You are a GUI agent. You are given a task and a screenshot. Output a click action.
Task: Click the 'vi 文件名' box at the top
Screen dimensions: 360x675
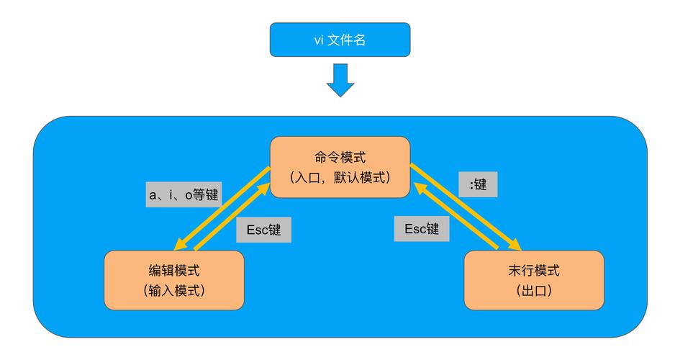(340, 40)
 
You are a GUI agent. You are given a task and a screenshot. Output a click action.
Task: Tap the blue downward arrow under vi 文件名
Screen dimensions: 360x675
(340, 80)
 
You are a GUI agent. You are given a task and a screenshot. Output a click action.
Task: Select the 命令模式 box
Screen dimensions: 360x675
(340, 166)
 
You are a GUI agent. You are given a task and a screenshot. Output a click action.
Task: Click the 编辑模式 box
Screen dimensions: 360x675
(174, 280)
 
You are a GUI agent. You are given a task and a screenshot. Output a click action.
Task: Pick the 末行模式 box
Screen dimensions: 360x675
(533, 280)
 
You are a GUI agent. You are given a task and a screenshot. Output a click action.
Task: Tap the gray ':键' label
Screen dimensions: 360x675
(479, 184)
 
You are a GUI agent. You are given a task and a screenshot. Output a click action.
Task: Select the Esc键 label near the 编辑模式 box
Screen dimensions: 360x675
(263, 230)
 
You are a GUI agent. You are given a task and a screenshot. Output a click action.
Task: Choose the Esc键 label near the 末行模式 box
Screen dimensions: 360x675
(421, 229)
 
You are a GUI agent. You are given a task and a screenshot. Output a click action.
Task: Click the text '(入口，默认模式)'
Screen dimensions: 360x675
(340, 176)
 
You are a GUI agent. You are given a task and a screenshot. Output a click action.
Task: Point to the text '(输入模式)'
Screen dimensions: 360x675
(174, 291)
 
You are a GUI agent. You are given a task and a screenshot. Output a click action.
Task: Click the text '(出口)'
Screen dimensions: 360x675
(533, 291)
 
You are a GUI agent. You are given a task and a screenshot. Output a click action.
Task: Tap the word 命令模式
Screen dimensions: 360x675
(340, 157)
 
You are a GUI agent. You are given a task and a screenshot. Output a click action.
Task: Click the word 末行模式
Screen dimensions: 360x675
(533, 271)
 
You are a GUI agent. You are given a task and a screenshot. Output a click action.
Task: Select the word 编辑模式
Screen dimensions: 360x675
(174, 271)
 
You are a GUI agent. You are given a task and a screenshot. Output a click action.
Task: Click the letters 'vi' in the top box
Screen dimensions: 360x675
(319, 40)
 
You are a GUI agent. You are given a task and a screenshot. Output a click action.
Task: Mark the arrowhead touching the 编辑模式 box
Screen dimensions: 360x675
(180, 245)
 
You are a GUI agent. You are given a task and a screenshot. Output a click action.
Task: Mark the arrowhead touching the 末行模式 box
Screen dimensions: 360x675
(515, 244)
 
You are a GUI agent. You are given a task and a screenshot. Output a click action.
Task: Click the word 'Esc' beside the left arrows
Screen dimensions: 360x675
(257, 230)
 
